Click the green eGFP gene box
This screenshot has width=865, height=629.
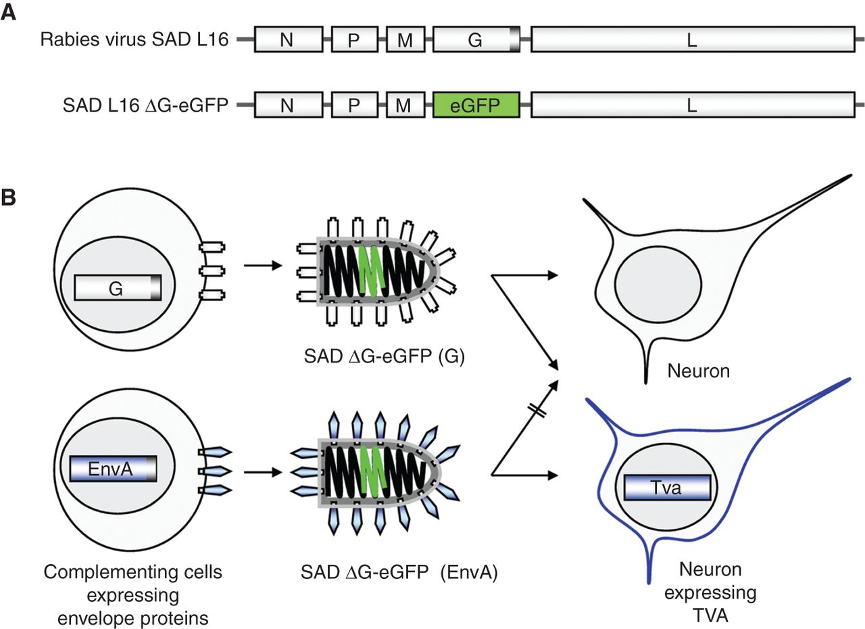click(x=476, y=106)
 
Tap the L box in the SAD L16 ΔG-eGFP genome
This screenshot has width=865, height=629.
click(x=692, y=106)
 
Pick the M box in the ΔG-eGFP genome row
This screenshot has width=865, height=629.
click(x=405, y=106)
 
